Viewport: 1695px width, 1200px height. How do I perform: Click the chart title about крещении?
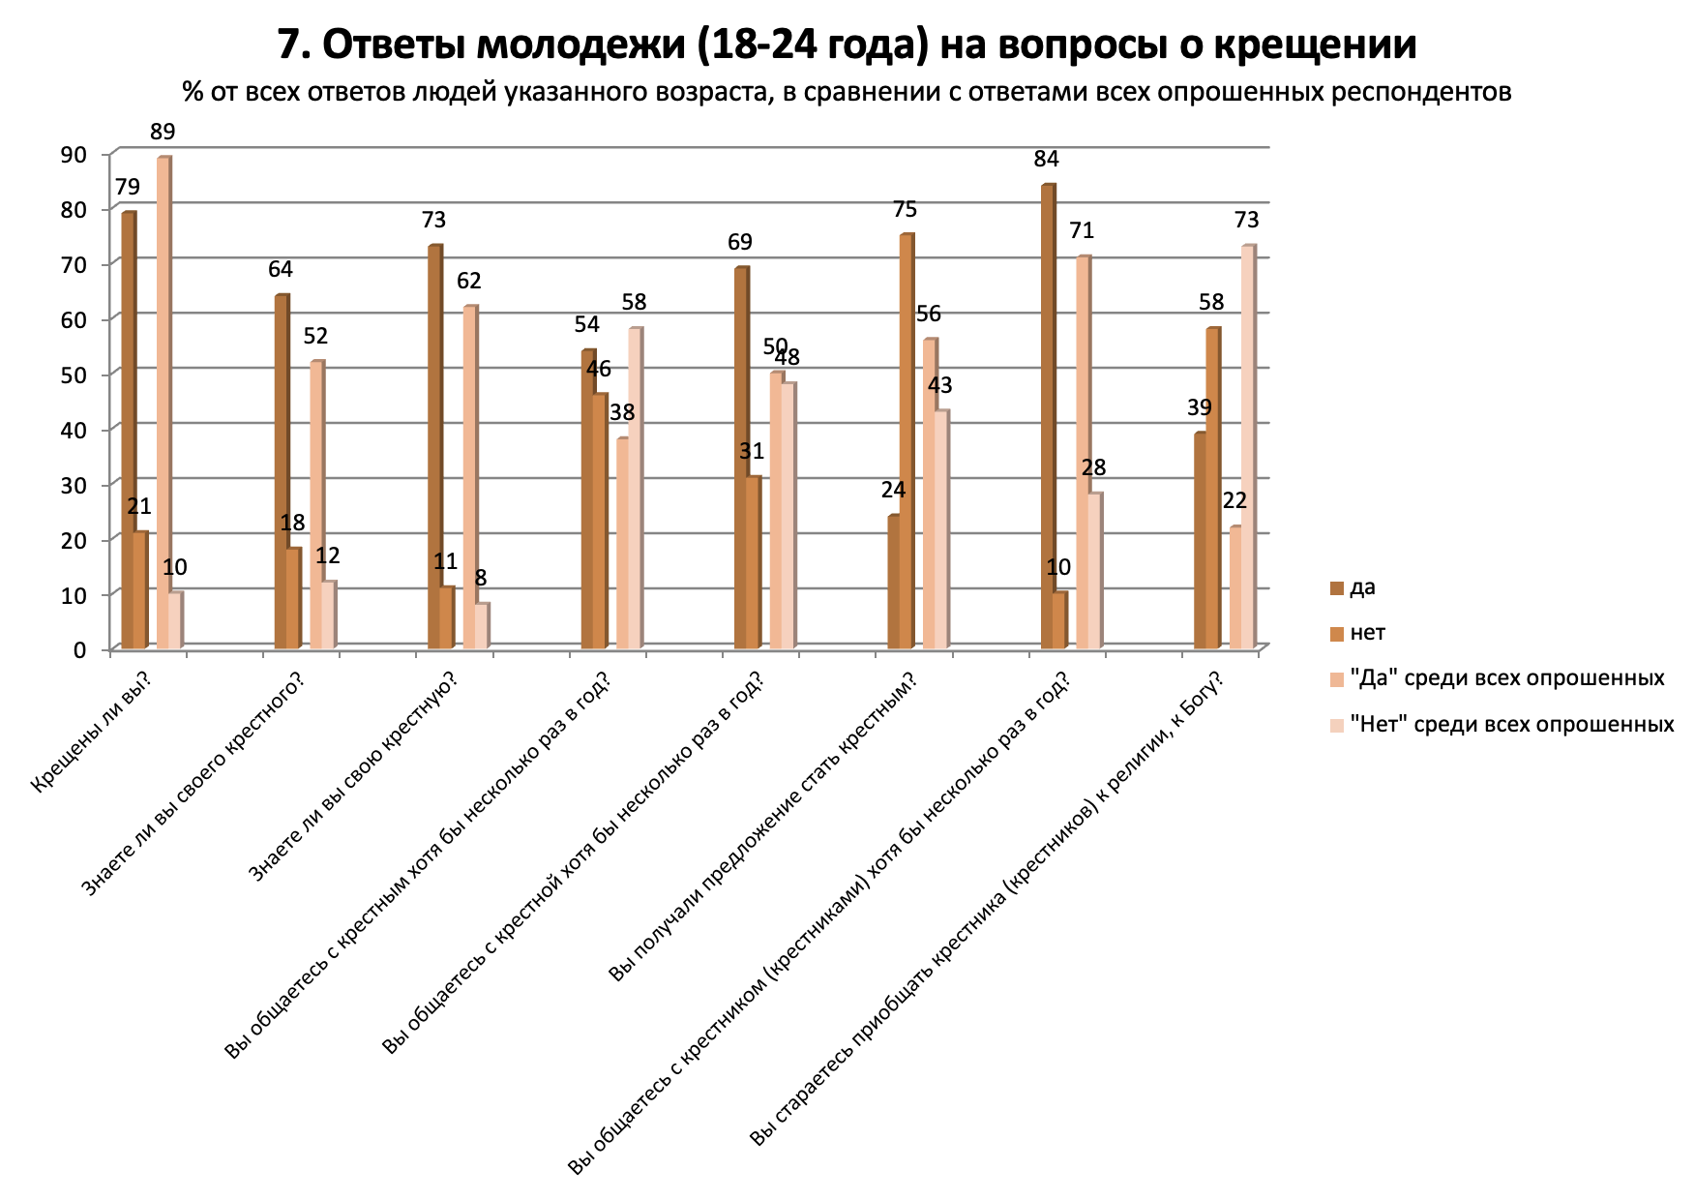847,45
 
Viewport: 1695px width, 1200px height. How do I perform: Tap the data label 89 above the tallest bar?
163,133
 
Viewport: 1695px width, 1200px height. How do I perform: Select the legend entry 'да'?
1362,587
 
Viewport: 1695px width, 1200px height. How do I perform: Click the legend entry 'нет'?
1367,633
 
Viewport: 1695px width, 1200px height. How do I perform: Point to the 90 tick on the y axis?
74,154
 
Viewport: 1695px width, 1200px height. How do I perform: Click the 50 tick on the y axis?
74,374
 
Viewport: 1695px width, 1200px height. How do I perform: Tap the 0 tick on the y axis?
79,648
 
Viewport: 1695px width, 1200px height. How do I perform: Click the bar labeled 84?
1047,416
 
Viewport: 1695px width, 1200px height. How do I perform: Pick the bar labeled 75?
906,441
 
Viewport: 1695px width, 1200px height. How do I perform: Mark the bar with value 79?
128,431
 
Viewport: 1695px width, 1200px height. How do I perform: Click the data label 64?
281,270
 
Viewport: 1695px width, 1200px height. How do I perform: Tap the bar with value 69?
740,458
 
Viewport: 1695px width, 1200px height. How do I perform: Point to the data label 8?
481,579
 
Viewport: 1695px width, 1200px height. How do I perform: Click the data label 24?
893,490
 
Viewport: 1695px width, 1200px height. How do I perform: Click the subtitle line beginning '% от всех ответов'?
847,92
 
